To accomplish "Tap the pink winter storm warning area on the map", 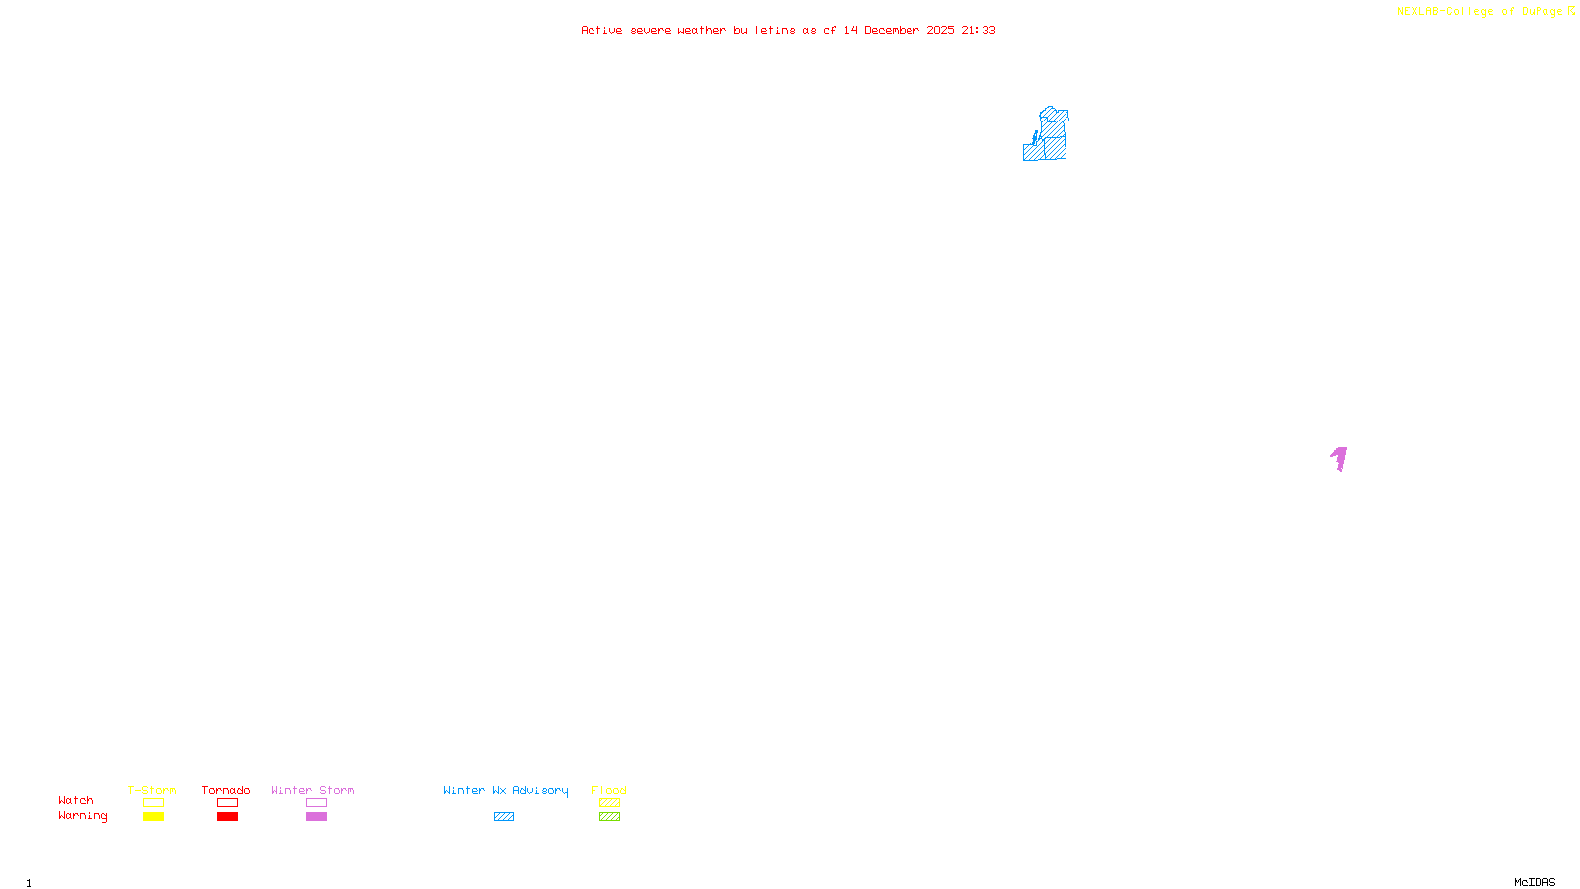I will point(1340,458).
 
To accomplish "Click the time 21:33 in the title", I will point(978,31).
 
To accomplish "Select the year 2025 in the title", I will point(940,31).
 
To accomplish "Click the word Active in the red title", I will point(601,31).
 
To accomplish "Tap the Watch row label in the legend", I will point(76,801).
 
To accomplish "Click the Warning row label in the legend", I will point(82,816).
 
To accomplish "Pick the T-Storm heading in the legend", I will point(152,790).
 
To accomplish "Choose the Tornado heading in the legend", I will point(226,790).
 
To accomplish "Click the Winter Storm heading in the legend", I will point(312,790).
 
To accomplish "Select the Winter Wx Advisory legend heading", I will point(506,790).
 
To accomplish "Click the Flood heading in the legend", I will point(609,790).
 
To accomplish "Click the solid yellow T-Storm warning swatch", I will point(153,817).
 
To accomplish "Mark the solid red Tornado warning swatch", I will point(227,817).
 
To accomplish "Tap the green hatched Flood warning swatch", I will point(609,817).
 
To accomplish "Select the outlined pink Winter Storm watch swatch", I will point(316,803).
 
